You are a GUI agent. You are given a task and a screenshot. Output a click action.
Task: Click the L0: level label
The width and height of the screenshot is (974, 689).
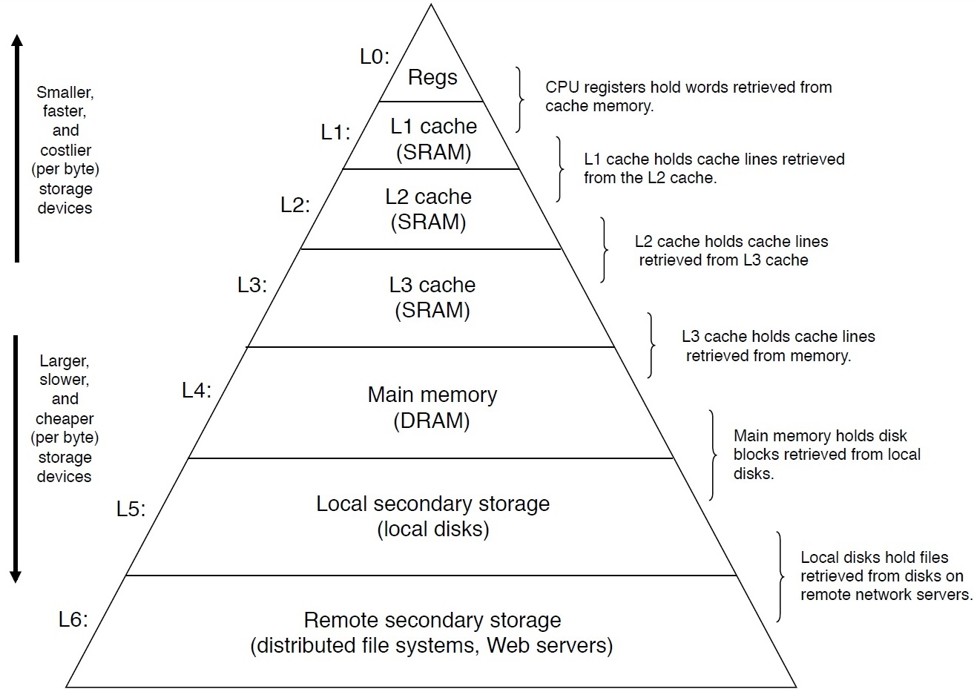(374, 57)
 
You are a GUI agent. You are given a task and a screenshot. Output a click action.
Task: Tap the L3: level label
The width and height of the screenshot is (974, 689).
(251, 285)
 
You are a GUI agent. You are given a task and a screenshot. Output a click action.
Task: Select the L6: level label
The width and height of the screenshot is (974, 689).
(73, 619)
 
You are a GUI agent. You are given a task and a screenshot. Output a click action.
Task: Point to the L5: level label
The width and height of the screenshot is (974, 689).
(131, 509)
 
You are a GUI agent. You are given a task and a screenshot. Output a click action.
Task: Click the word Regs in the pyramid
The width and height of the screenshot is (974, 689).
(432, 77)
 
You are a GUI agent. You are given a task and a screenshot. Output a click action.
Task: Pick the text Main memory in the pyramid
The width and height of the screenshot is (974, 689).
(432, 395)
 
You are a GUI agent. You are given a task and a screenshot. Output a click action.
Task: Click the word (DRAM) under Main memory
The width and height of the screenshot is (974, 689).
(431, 421)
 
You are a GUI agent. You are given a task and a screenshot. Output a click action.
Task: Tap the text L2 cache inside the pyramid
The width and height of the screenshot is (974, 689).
(428, 197)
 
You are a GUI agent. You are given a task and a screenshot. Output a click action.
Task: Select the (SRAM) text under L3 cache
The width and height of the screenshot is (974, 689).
(432, 310)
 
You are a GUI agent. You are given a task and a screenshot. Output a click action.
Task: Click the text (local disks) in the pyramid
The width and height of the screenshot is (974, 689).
(433, 529)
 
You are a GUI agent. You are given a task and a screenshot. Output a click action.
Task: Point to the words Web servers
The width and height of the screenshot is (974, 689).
(550, 645)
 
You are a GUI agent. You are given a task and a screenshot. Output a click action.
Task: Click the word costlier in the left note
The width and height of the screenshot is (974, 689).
(65, 150)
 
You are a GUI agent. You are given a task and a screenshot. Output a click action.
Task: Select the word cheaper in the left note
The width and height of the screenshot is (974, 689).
(65, 418)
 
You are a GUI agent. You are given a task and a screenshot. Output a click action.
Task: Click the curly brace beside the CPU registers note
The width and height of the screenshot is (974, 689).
(521, 99)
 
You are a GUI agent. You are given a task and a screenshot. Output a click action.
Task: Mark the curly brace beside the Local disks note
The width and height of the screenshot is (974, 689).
(780, 576)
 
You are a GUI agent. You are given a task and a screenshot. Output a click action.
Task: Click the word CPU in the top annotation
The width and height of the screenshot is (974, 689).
(561, 88)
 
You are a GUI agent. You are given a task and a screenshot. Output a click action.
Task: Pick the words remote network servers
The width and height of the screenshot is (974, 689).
(886, 595)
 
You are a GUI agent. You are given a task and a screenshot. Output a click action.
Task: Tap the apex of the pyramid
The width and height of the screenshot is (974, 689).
(431, 6)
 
